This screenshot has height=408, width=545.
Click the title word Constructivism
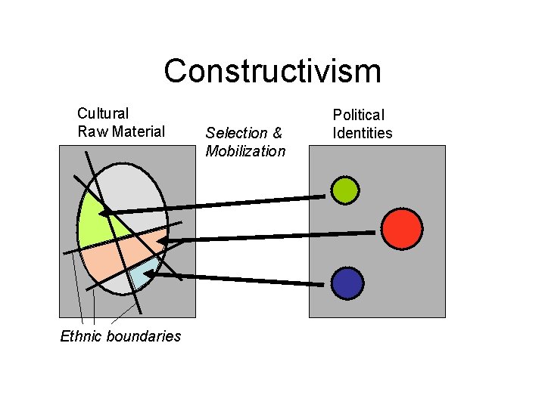(x=272, y=72)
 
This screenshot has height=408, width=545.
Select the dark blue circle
(x=347, y=283)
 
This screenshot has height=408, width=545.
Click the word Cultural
(x=103, y=114)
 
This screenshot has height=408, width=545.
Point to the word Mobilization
(x=245, y=151)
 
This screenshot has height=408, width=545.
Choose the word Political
(x=359, y=115)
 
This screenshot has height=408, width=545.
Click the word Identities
(x=363, y=133)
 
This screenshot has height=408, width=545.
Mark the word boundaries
(x=145, y=336)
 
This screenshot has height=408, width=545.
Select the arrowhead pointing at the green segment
(x=106, y=212)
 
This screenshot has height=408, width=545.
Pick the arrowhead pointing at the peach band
(x=163, y=242)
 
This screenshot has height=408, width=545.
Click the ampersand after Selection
(x=277, y=133)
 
